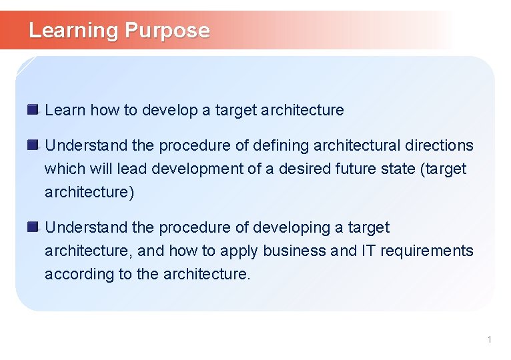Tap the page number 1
[x=489, y=340]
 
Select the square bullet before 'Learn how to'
[x=33, y=109]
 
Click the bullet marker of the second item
[x=33, y=145]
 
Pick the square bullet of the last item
[x=33, y=227]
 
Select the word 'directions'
[x=440, y=145]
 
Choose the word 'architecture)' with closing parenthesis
[x=89, y=193]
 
